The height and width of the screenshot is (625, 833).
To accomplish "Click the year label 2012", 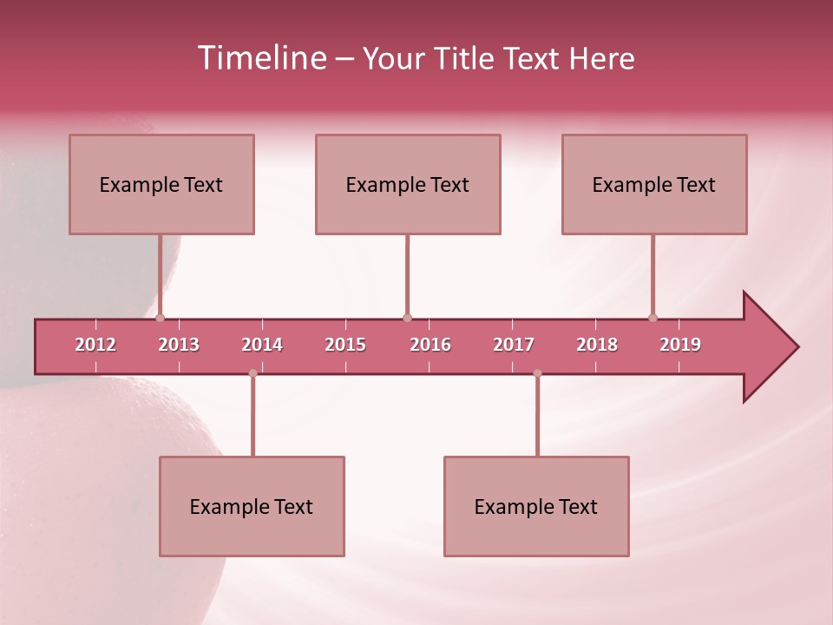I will (95, 345).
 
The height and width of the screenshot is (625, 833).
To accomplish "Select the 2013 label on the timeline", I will (179, 345).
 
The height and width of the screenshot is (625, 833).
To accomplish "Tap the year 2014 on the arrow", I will (262, 345).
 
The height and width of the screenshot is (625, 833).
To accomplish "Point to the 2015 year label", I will (345, 345).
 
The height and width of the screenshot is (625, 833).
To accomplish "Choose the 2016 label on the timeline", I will (430, 345).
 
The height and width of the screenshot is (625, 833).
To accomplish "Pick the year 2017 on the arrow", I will (514, 345).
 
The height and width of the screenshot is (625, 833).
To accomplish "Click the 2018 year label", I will (597, 345).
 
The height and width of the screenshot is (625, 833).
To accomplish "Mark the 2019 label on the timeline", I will (680, 345).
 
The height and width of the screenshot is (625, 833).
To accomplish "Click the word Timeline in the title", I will (261, 58).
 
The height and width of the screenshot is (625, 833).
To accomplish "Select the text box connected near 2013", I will (161, 184).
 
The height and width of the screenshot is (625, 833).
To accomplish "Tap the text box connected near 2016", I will (408, 184).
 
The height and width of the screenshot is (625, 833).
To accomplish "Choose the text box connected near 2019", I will (654, 184).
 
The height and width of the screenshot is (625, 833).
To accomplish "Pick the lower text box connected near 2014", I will (252, 506).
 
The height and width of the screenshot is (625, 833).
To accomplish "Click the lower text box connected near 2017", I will (536, 506).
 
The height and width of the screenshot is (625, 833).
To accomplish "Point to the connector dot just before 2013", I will (160, 318).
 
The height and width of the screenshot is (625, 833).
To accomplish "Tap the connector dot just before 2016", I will (407, 318).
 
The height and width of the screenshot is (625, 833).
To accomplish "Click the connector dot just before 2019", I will (653, 318).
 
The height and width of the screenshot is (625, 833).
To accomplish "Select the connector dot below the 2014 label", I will (253, 373).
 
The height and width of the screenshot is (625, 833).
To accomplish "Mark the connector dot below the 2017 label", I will (537, 373).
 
